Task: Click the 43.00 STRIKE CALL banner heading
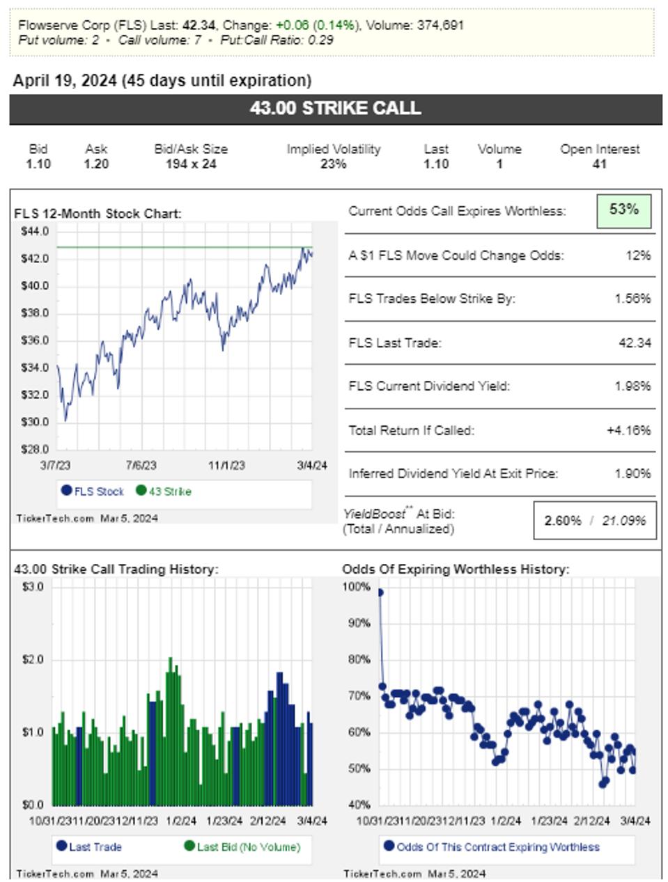[x=335, y=109]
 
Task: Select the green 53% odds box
[x=623, y=210]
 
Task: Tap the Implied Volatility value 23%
[x=334, y=164]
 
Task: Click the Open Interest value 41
[x=599, y=164]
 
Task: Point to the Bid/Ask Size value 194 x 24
[x=191, y=164]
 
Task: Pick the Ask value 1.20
[x=96, y=164]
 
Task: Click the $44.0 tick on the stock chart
[x=35, y=231]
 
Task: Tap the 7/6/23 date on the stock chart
[x=141, y=465]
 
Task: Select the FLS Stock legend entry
[x=93, y=491]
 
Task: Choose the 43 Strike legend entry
[x=164, y=491]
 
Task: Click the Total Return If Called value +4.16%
[x=628, y=430]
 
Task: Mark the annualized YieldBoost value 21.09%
[x=624, y=521]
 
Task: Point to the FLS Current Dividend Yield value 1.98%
[x=632, y=386]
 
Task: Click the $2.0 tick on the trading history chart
[x=33, y=659]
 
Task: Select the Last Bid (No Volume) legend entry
[x=242, y=847]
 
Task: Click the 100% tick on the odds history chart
[x=357, y=587]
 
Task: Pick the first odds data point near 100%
[x=380, y=592]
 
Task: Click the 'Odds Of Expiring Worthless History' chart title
[x=456, y=569]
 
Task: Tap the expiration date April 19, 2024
[x=65, y=81]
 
